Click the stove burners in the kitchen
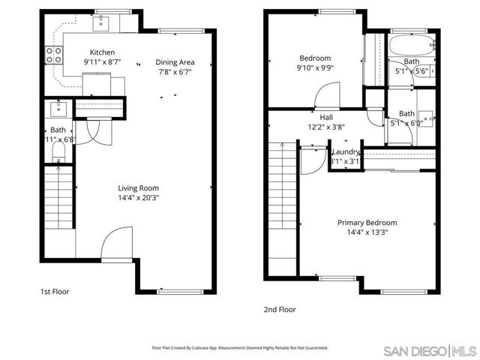[x=55, y=53]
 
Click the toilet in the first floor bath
[x=59, y=154]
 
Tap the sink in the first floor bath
[x=58, y=109]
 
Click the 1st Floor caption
[x=55, y=292]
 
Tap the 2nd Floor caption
[x=280, y=309]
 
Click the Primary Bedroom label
[x=367, y=223]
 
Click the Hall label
[x=326, y=117]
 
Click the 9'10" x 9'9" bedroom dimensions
[x=314, y=67]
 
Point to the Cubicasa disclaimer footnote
[x=239, y=347]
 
